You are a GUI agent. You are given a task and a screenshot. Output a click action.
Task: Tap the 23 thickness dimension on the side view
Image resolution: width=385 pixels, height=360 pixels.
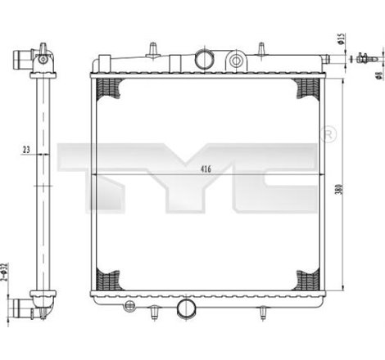pos(27,150)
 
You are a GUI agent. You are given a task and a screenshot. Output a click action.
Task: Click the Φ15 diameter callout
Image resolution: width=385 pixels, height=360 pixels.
pos(338,39)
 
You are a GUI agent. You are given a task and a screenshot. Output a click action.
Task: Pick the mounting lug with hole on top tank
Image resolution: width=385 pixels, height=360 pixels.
pos(237,60)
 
